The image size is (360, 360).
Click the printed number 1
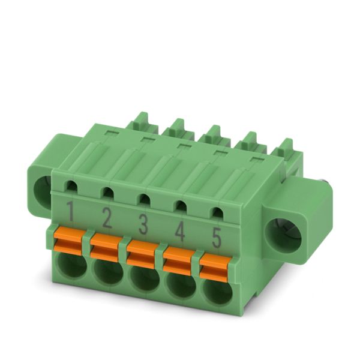pos(70,211)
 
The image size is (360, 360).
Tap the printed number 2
pos(107,217)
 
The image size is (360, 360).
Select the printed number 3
pos(143,224)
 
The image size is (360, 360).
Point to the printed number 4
pos(180,231)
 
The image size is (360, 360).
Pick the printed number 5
pos(217,238)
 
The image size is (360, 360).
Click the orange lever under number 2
pos(106,247)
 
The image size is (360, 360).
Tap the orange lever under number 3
pos(142,254)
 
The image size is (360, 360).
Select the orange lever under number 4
pos(179,261)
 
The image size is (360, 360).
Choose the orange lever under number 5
pos(215,269)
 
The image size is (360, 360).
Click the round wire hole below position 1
pos(71,264)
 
